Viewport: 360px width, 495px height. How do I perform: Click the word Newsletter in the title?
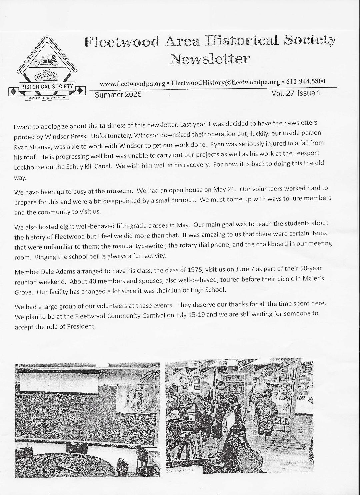[210, 59]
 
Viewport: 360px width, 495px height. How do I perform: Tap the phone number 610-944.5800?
[304, 82]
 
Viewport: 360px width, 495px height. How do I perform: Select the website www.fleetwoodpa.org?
[133, 83]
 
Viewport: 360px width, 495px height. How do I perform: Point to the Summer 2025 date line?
[118, 95]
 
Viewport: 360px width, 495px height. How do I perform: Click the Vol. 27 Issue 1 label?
[296, 93]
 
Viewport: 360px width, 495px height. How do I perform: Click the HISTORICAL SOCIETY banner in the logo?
[47, 87]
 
